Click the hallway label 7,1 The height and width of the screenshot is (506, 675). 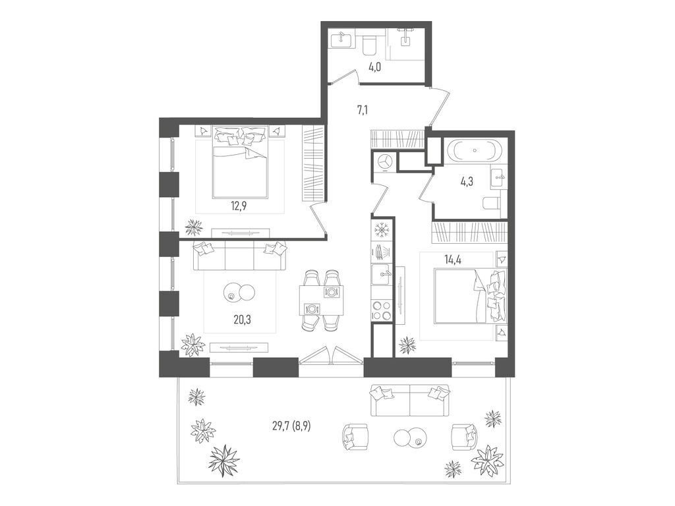point(363,110)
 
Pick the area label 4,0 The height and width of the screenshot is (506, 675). point(374,67)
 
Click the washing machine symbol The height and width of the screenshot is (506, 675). point(384,161)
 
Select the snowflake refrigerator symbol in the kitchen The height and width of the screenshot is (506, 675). point(382,230)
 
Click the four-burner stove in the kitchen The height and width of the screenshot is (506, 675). point(382,310)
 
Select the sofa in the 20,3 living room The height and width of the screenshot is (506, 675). point(240,256)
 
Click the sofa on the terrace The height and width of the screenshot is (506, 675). point(410,400)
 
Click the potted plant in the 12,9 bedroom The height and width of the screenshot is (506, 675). point(193,227)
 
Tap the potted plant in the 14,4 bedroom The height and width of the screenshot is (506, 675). point(407,345)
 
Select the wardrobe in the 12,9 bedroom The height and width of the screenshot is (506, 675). point(313,163)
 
